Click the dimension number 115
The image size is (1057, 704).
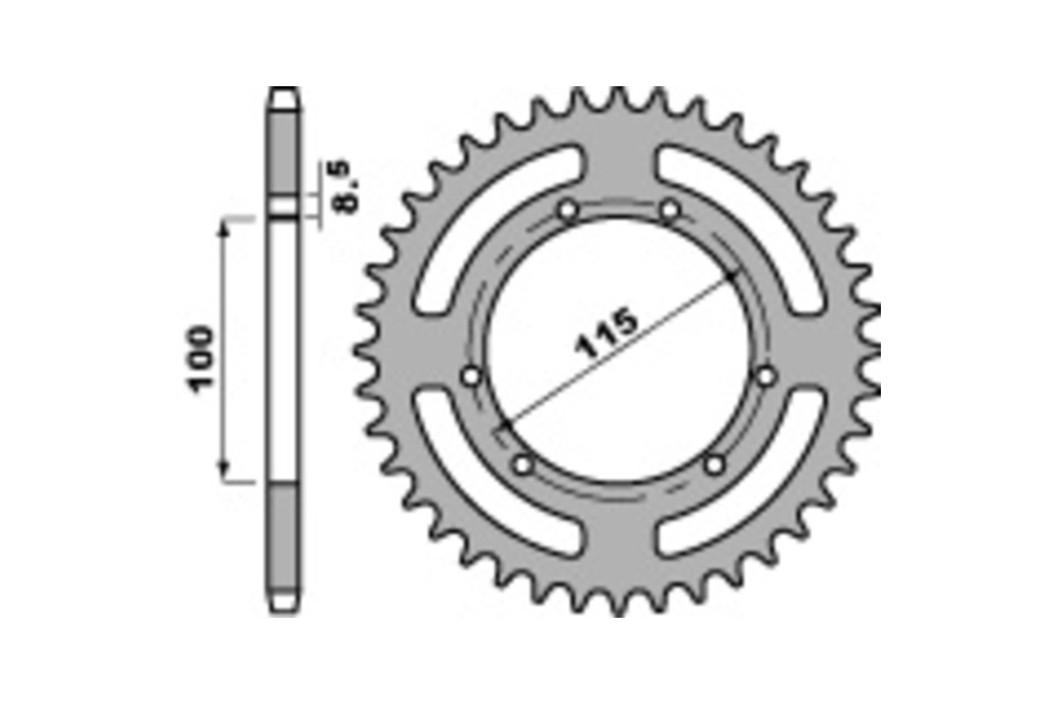pos(606,335)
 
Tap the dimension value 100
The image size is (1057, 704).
pos(200,359)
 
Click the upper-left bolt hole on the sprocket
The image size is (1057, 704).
pos(568,210)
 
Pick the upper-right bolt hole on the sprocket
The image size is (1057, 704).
pos(671,210)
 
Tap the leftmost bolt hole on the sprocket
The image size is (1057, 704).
pos(471,377)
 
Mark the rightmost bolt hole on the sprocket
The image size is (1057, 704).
pos(765,376)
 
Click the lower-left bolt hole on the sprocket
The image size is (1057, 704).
pos(523,464)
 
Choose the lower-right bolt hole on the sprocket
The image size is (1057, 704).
pos(715,464)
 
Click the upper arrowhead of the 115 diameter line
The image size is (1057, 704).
pos(731,277)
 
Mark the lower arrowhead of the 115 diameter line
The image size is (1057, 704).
pos(504,428)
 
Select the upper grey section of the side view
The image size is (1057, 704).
pos(284,150)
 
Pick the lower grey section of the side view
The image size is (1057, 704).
pos(284,537)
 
